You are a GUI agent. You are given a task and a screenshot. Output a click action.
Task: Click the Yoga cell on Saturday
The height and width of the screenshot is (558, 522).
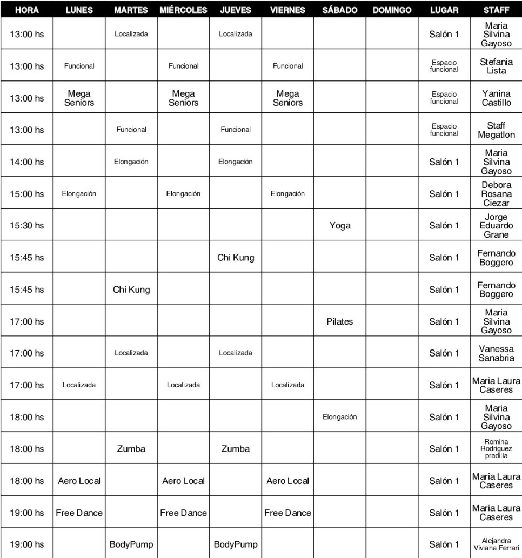pos(339,226)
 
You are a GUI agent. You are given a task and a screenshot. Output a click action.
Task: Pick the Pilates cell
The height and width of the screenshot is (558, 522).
pos(339,321)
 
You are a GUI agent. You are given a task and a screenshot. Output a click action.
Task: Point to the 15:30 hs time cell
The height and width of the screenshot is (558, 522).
pos(27,226)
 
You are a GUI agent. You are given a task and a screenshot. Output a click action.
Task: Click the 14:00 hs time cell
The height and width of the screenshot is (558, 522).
pos(27,162)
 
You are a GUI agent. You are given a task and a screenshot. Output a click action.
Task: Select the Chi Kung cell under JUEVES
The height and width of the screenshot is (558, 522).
pos(236,258)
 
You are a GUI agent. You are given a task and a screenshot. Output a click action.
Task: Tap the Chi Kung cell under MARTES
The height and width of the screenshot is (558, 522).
pos(131,290)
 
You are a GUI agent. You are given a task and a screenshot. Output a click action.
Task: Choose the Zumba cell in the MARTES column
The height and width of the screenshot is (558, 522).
pos(131,449)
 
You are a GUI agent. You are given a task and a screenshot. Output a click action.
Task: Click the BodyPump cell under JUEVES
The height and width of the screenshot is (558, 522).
pos(236,544)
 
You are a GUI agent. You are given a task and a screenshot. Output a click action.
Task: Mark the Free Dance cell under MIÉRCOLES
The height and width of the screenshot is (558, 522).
pos(183,513)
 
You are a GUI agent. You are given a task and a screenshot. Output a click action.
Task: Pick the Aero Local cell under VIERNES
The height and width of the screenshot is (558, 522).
pos(287,481)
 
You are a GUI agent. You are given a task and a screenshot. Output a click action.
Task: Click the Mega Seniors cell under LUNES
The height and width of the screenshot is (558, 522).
pos(79,98)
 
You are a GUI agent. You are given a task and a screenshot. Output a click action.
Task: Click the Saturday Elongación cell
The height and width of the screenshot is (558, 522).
pos(339,417)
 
